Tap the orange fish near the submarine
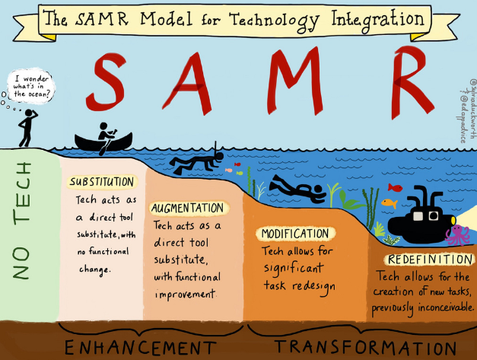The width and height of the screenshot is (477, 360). pos(389,203)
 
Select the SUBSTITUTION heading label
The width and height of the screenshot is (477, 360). pos(102,183)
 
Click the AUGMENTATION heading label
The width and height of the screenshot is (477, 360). pos(188,208)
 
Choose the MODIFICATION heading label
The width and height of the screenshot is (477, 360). pos(294,233)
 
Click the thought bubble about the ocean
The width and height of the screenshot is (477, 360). pos(30,85)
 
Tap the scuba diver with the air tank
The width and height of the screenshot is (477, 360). pos(298,187)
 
